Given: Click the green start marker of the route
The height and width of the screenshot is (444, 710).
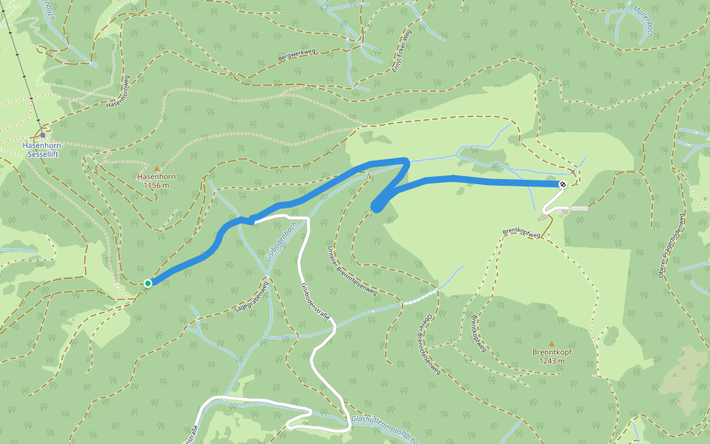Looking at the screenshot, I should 148,283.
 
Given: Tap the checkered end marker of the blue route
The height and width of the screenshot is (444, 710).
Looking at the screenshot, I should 563,184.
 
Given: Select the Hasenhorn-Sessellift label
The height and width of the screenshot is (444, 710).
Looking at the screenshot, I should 44,150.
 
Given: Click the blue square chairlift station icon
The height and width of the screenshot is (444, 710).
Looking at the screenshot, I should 44,135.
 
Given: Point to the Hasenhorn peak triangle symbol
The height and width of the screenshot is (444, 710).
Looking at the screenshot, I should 156,169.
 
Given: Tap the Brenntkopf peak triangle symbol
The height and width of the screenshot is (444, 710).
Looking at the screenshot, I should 551,343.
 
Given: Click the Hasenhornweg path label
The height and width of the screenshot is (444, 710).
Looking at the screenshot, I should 118,92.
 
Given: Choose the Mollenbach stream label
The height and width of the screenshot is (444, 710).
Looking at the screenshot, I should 640,17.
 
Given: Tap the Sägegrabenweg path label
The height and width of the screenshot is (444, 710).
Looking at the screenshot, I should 250,296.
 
